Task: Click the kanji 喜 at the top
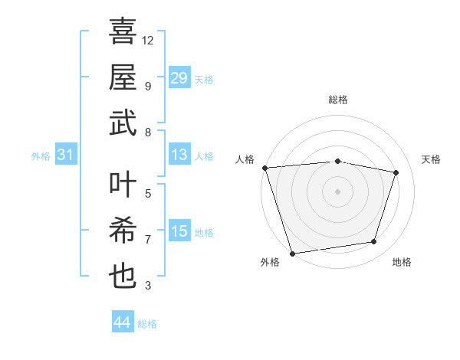pyautogui.click(x=123, y=33)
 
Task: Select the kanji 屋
pyautogui.click(x=123, y=77)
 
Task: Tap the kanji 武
pyautogui.click(x=123, y=123)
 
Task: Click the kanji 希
pyautogui.click(x=123, y=230)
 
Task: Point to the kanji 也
pyautogui.click(x=123, y=274)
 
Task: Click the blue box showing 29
pyautogui.click(x=179, y=78)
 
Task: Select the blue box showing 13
pyautogui.click(x=179, y=155)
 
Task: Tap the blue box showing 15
pyautogui.click(x=179, y=231)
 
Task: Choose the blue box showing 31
pyautogui.click(x=66, y=155)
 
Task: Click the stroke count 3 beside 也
pyautogui.click(x=148, y=286)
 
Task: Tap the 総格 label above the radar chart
pyautogui.click(x=337, y=100)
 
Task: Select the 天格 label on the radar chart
pyautogui.click(x=432, y=159)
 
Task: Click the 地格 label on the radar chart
pyautogui.click(x=402, y=262)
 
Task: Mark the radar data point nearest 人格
pyautogui.click(x=264, y=168)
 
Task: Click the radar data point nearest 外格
pyautogui.click(x=292, y=253)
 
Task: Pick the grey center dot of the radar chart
pyautogui.click(x=337, y=191)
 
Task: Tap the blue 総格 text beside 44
pyautogui.click(x=147, y=324)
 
